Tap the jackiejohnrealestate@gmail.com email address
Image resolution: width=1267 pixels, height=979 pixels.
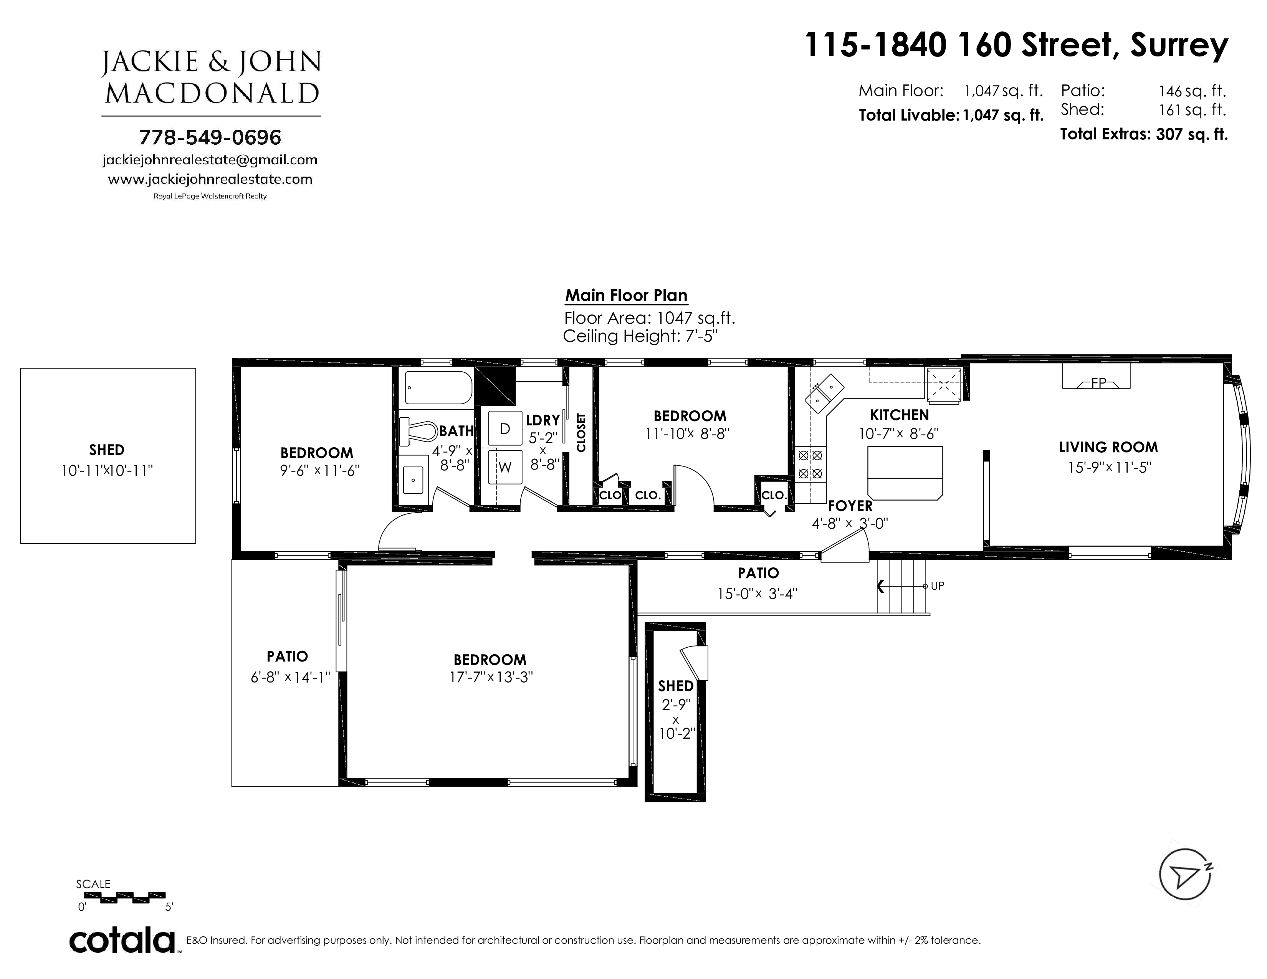click(210, 160)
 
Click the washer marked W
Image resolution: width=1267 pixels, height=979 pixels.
click(505, 467)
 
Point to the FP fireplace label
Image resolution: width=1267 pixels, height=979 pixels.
click(1098, 383)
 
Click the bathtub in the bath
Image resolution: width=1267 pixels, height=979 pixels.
click(438, 387)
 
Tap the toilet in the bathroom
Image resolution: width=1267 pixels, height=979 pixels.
click(418, 431)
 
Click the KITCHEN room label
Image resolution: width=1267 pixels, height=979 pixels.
click(899, 415)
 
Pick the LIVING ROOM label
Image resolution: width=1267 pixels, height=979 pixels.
click(1108, 447)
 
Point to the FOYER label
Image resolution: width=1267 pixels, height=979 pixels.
click(850, 506)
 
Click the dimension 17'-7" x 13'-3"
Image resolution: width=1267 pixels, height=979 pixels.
click(491, 677)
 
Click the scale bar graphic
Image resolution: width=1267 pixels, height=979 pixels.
click(125, 898)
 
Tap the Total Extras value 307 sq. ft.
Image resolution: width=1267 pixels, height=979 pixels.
click(1192, 134)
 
